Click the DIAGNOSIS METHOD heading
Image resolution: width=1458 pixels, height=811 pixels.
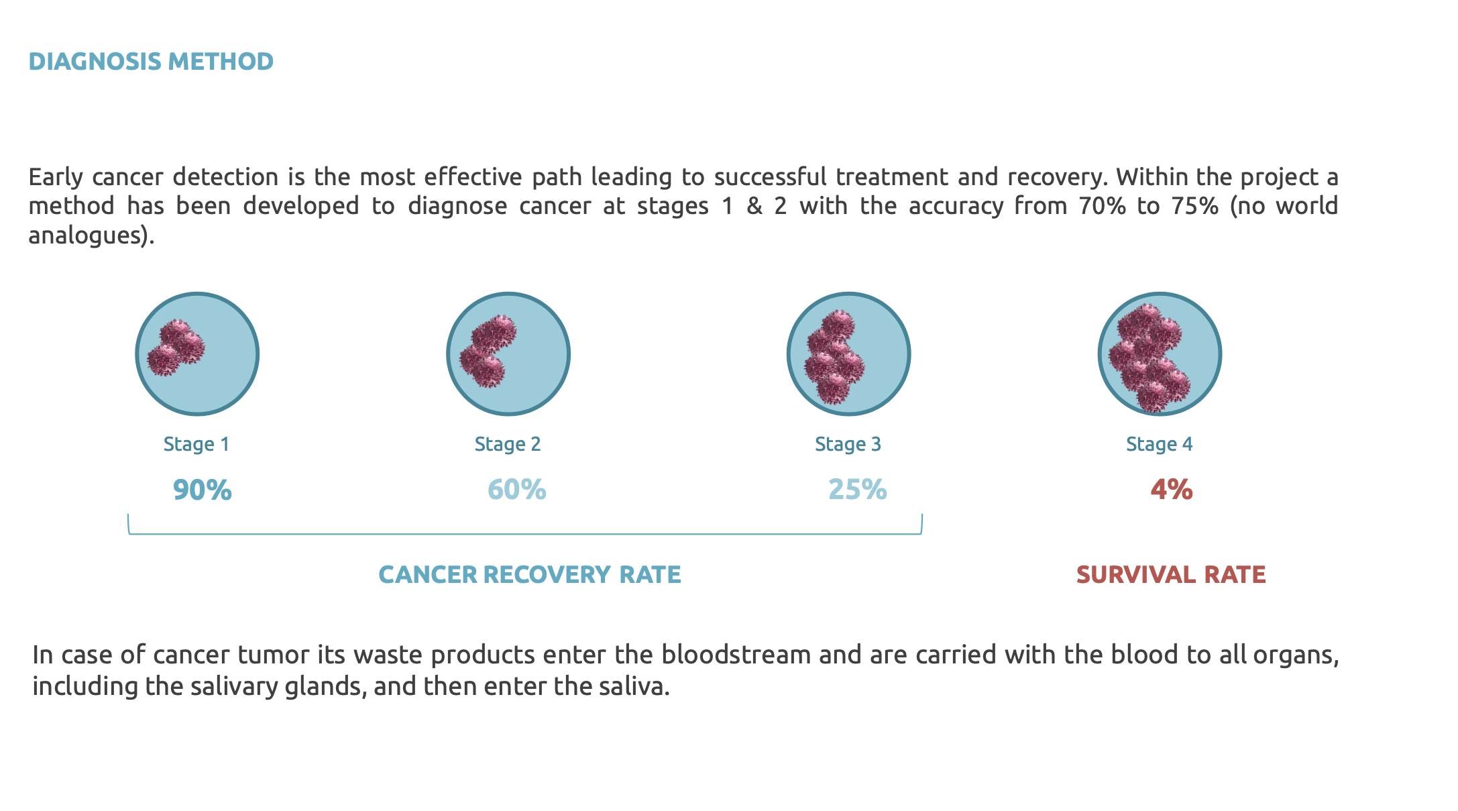(x=151, y=62)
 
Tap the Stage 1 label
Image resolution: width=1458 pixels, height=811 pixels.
(x=197, y=444)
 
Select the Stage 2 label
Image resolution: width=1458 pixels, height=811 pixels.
(x=508, y=444)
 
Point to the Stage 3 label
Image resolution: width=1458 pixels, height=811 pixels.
(x=848, y=444)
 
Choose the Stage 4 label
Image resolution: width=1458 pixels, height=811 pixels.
(x=1160, y=444)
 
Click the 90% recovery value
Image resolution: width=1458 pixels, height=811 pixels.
(x=203, y=490)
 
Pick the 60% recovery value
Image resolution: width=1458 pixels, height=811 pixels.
(x=516, y=490)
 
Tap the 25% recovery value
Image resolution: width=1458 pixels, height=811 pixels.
(x=858, y=490)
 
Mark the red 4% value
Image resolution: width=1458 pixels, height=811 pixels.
(x=1172, y=490)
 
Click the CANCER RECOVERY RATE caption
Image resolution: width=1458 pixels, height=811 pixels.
(x=530, y=575)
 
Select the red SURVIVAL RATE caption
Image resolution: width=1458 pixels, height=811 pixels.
(x=1171, y=575)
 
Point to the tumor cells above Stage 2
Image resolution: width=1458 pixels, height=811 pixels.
(x=488, y=351)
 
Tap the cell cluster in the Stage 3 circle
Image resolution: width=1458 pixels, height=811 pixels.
(x=834, y=357)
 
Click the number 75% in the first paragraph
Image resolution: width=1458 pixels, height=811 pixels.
(x=1195, y=206)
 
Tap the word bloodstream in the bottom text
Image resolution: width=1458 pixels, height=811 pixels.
(x=736, y=655)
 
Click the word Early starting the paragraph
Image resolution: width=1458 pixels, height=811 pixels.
(x=56, y=178)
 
